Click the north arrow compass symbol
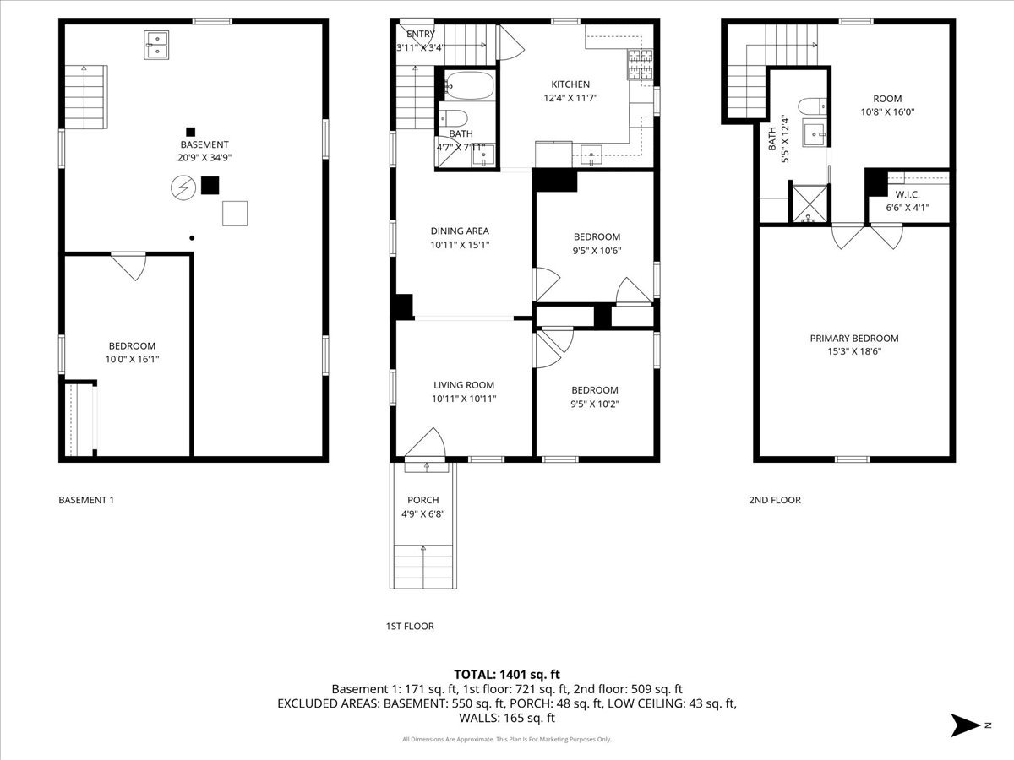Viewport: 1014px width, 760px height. tap(965, 725)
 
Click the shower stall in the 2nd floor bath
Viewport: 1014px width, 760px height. tap(809, 205)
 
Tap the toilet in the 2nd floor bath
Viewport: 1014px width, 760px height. tap(812, 106)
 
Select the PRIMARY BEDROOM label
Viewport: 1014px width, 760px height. tap(853, 339)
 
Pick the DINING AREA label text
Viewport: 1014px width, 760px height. tap(460, 231)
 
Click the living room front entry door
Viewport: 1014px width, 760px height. tap(428, 448)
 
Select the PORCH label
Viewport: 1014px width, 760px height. tap(422, 500)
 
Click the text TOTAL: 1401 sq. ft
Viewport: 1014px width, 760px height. tap(507, 674)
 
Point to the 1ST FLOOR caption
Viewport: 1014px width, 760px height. tap(409, 627)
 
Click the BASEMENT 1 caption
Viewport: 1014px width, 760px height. tap(86, 500)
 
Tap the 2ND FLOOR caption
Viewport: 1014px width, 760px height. tap(774, 500)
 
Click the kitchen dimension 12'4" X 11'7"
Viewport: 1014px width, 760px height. tap(570, 98)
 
